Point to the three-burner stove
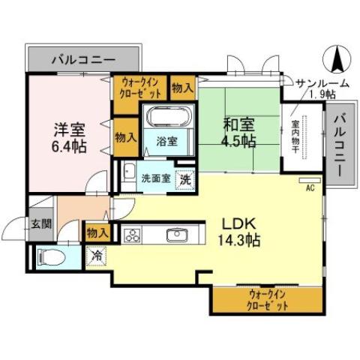click(133, 235)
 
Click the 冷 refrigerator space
click(97, 255)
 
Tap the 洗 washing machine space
click(184, 180)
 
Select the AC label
click(308, 189)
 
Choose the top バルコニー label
click(83, 58)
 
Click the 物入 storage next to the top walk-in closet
click(182, 87)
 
